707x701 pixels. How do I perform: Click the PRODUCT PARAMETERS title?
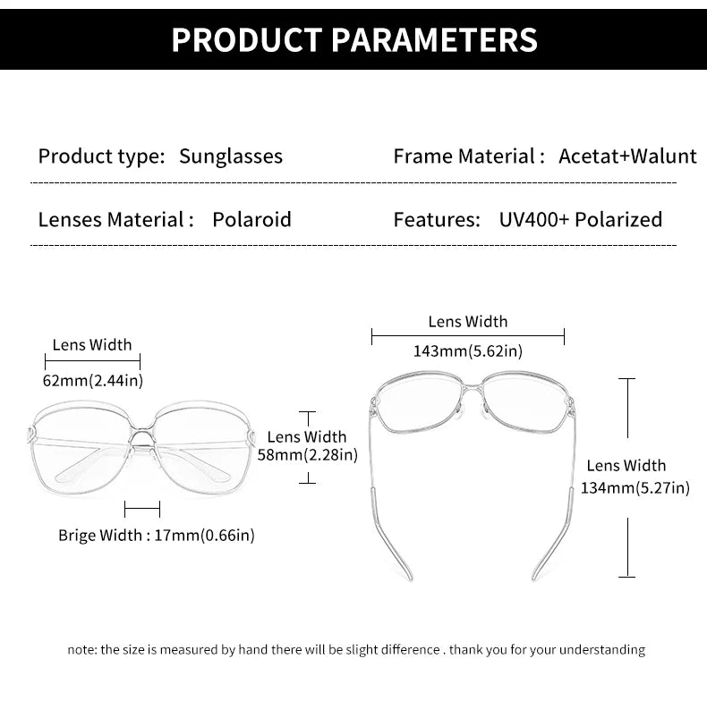[353, 39]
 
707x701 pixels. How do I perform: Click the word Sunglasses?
[231, 156]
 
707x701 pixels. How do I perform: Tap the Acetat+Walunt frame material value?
[627, 156]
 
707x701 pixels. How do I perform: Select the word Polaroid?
[251, 219]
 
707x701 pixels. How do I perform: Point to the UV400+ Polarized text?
[581, 219]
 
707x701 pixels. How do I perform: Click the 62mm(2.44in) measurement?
[93, 380]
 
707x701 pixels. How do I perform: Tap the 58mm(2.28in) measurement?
[308, 455]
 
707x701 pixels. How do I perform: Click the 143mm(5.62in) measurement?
[467, 351]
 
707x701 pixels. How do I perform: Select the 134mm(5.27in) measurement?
[635, 487]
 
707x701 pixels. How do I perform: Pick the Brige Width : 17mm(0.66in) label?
[157, 536]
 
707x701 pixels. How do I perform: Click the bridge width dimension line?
[142, 510]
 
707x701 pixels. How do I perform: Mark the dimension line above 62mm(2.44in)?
[93, 361]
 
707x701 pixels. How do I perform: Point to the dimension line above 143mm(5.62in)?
[467, 336]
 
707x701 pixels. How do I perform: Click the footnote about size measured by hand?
[356, 649]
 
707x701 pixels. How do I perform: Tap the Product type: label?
[101, 156]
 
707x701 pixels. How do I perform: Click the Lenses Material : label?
[115, 219]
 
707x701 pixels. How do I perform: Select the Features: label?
[437, 219]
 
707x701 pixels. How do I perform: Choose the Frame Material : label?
[469, 156]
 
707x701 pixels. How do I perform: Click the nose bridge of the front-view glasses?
[142, 435]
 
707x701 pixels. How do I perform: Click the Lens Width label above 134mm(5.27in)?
[626, 465]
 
